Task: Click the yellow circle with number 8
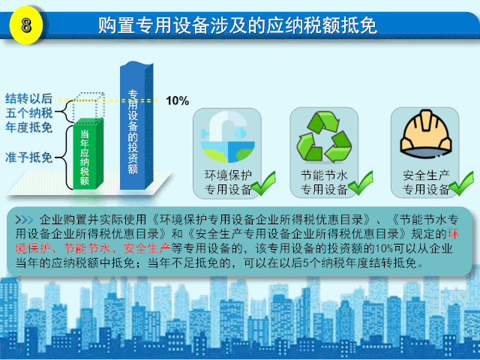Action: coord(26,25)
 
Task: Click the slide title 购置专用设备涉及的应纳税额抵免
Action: coord(238,25)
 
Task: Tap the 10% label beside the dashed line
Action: coord(177,100)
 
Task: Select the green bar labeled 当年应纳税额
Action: coord(88,154)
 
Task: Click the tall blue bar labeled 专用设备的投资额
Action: coord(136,125)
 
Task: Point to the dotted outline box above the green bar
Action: coord(88,108)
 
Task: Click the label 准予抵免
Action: coord(28,157)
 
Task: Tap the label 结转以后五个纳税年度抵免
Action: coord(28,113)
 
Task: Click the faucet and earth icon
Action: coord(227,136)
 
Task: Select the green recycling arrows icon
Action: coord(324,136)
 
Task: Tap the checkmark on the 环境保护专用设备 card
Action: coord(263,184)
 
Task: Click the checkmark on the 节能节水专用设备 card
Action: coord(361,183)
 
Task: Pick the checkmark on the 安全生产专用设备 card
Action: coord(461,183)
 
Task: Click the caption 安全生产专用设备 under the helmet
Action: coord(426,182)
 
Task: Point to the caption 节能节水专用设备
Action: coord(324,182)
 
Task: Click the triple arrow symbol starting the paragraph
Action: coord(24,220)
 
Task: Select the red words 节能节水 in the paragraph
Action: coord(86,248)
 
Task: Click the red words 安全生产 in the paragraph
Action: coord(147,248)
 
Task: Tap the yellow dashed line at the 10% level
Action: coord(109,100)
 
